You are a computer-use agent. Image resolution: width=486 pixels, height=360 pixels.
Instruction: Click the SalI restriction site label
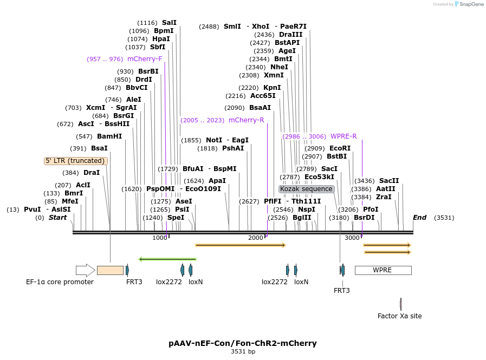coord(169,23)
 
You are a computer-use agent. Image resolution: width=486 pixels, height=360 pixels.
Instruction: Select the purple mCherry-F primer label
coord(145,59)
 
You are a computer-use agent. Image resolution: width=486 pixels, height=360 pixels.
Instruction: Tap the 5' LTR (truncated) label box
coord(75,161)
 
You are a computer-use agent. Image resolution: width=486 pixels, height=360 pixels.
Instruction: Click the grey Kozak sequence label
coord(307,189)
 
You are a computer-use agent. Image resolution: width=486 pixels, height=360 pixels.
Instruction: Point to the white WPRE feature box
coord(383,270)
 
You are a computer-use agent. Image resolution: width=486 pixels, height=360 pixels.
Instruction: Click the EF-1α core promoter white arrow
coord(85,270)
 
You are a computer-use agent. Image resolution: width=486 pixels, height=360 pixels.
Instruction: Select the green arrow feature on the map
coord(167,259)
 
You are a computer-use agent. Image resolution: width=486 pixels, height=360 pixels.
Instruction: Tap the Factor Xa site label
coord(399,316)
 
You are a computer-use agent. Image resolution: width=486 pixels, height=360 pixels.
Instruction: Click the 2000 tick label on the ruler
coord(256,238)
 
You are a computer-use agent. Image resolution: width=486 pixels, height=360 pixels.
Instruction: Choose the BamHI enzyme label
coord(109,136)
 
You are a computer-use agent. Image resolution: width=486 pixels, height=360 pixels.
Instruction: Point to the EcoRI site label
coord(340,148)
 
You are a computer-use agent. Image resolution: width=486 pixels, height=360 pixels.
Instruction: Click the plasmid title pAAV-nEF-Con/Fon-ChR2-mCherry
coord(243,343)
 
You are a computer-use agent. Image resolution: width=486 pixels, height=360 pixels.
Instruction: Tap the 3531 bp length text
coord(243,352)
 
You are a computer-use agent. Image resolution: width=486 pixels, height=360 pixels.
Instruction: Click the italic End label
coord(420,218)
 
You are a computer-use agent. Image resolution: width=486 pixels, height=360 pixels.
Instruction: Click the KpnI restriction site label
coord(272,88)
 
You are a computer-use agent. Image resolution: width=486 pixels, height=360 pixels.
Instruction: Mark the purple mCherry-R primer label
coord(247,120)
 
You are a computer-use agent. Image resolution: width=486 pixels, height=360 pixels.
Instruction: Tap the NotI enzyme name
coord(214,140)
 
